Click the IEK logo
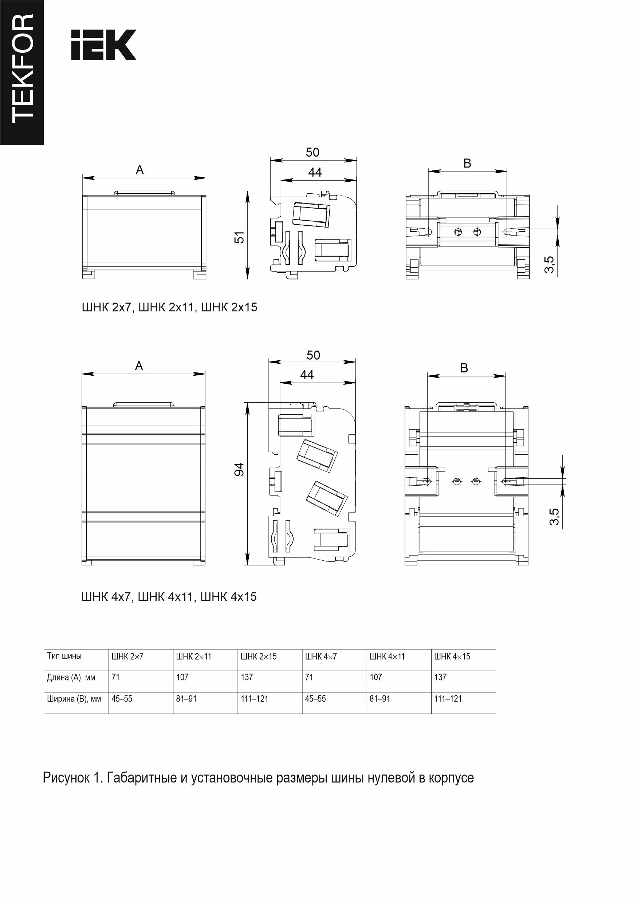(103, 44)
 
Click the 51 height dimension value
(240, 237)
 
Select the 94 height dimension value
(239, 469)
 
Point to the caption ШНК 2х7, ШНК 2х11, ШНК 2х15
(169, 307)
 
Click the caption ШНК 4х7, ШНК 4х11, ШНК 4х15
(169, 597)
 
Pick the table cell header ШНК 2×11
(194, 657)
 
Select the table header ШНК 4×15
(452, 657)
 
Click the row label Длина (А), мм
(71, 678)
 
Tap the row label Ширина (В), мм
(74, 699)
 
